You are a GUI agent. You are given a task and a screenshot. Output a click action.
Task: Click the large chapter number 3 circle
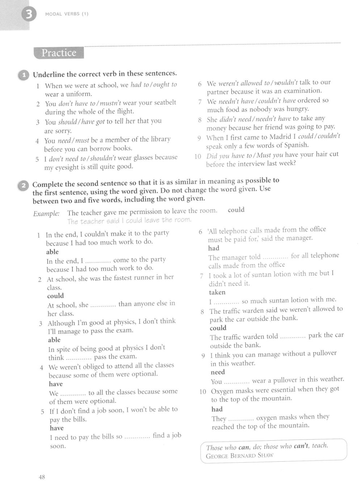pyautogui.click(x=29, y=14)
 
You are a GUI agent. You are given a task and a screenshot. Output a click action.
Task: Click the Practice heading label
pyautogui.click(x=59, y=53)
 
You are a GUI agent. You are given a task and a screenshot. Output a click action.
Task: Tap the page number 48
pyautogui.click(x=42, y=477)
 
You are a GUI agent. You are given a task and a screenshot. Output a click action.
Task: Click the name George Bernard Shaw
pyautogui.click(x=239, y=456)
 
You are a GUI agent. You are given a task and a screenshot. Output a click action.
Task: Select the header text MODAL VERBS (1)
pyautogui.click(x=67, y=14)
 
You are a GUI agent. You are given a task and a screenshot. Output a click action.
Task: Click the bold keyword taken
pyautogui.click(x=217, y=292)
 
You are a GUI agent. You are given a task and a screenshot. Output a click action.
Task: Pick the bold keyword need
pyautogui.click(x=218, y=372)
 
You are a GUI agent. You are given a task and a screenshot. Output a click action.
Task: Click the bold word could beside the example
pyautogui.click(x=236, y=210)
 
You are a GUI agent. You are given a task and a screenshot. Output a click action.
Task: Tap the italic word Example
pyautogui.click(x=46, y=214)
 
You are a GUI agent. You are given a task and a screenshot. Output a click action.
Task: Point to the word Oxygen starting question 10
pyautogui.click(x=223, y=391)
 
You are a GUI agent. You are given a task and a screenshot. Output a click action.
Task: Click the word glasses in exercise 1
pyautogui.click(x=145, y=158)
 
